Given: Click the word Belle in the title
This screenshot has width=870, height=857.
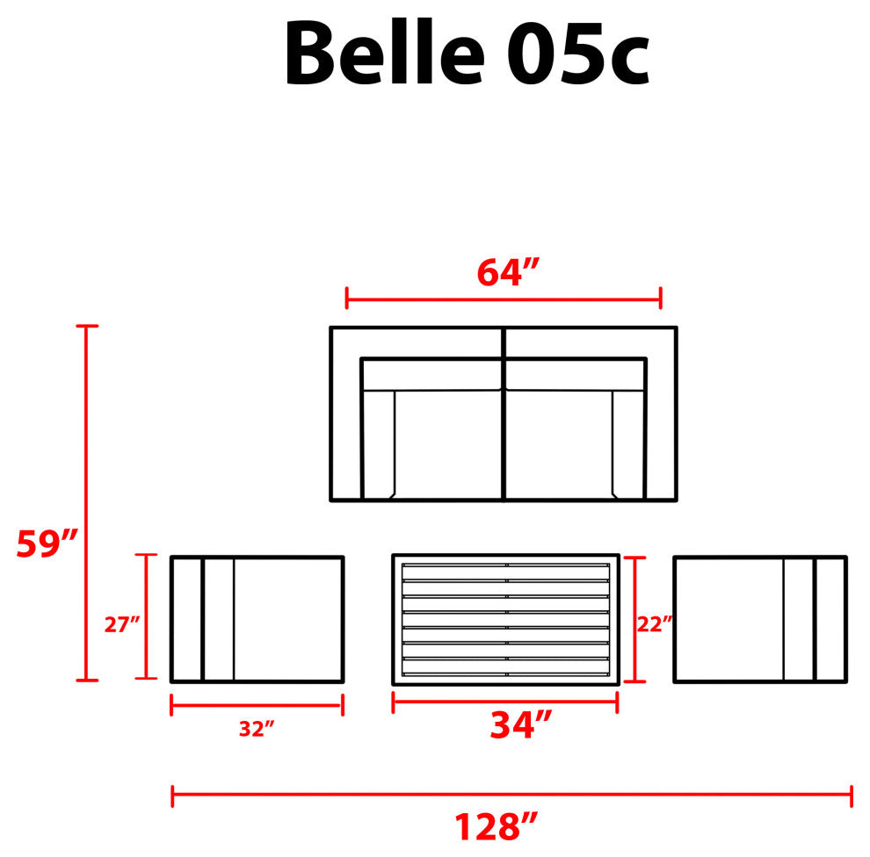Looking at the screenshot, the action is click(385, 53).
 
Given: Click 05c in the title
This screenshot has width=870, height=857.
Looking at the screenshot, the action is click(577, 54).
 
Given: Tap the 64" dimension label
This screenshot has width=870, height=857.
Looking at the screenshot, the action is click(508, 272).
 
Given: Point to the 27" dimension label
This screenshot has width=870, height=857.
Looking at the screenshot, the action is click(121, 624).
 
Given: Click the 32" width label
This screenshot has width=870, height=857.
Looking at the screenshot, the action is click(257, 729).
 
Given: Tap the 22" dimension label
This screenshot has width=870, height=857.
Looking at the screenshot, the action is click(655, 624).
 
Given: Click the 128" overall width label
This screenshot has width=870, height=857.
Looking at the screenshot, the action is click(496, 826).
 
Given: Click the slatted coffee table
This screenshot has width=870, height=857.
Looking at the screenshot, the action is click(505, 620).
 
